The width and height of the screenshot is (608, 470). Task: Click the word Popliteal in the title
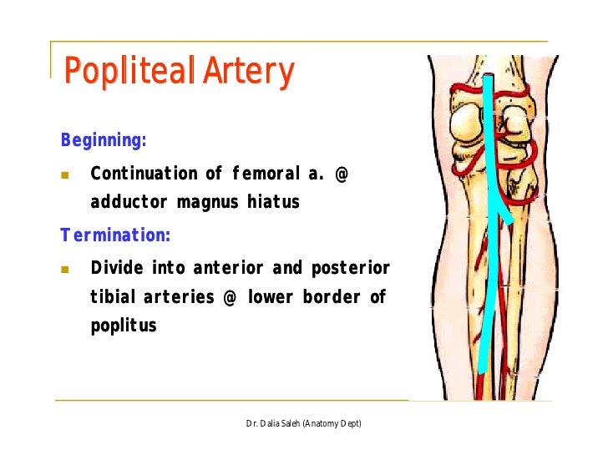[x=125, y=73]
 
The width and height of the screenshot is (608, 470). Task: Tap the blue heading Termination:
[x=115, y=235]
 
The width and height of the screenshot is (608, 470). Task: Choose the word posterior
[x=351, y=268]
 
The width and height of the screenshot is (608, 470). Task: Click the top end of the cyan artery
[x=490, y=78]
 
